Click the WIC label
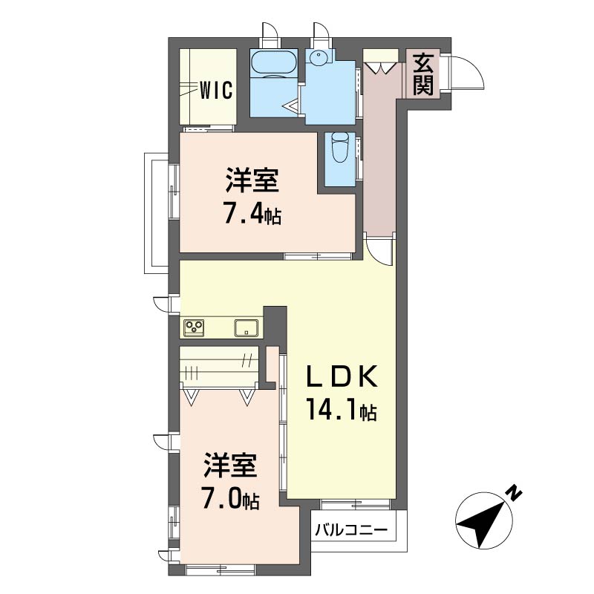(216, 91)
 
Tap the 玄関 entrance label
(422, 74)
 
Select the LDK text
(342, 376)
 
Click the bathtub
(273, 62)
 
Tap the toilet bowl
(339, 148)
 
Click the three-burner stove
(195, 327)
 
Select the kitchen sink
(247, 327)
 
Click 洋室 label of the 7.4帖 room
(252, 180)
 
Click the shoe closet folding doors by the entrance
(380, 68)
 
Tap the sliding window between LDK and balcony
(356, 505)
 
